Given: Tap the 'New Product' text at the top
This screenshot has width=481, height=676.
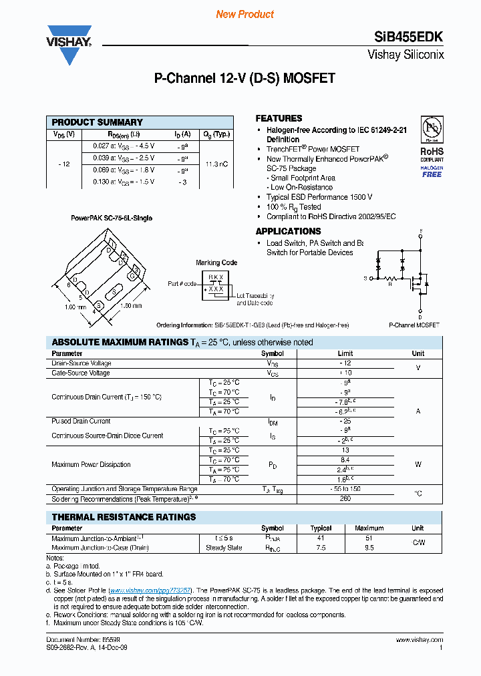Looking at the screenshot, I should (x=245, y=14).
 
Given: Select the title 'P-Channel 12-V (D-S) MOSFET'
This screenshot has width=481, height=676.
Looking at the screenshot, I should (x=245, y=78).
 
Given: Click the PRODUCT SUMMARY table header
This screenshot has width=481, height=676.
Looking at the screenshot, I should (x=98, y=122).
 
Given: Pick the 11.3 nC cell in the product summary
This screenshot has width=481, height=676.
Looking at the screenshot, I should (x=216, y=164).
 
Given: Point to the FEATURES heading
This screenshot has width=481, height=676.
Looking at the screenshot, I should (x=279, y=118).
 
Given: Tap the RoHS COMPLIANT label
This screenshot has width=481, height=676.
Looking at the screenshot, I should (x=432, y=155).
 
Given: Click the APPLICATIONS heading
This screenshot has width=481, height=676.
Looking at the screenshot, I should (x=288, y=231).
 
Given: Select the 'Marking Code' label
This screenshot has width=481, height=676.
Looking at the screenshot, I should (x=216, y=263).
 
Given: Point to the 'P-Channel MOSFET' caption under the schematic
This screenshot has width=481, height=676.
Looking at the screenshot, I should (x=414, y=325).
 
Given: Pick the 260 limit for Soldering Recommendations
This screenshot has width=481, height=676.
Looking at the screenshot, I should (x=345, y=499).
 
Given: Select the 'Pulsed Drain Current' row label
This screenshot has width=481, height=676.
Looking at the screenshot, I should (x=81, y=421).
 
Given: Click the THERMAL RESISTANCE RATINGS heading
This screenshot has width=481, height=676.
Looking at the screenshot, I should (x=124, y=517).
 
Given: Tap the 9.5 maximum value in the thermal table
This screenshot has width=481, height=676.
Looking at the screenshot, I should (x=369, y=547).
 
